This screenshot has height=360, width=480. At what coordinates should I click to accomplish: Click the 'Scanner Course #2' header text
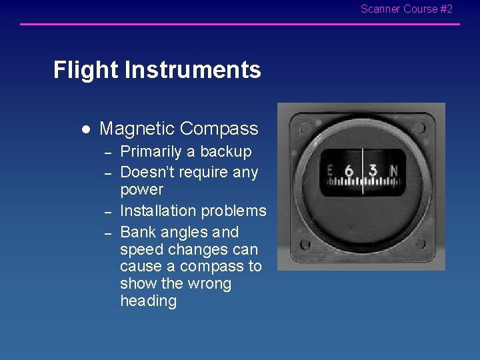tap(406, 9)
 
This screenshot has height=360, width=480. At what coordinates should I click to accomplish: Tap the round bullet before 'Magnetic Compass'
tap(85, 129)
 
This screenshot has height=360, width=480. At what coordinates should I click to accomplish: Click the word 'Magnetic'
tap(137, 129)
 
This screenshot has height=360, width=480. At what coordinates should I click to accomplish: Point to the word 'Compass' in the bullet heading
tap(219, 129)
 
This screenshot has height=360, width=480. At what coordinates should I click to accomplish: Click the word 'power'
tap(141, 190)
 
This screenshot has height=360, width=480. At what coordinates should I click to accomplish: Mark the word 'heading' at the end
tap(148, 301)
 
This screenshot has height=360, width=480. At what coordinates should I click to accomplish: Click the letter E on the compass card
tap(329, 171)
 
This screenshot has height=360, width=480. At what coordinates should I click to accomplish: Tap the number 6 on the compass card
tap(349, 171)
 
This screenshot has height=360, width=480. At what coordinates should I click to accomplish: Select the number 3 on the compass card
tap(373, 170)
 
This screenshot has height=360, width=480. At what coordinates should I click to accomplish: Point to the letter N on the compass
tap(393, 171)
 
